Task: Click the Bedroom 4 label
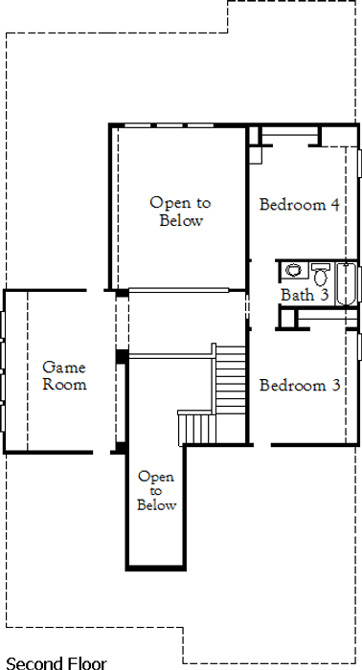point(299,205)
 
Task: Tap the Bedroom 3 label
point(300,386)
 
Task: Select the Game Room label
point(64,375)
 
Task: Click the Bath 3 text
point(305,295)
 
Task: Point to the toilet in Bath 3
point(321,275)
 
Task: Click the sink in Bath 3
point(294,270)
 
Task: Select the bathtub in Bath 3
point(346,283)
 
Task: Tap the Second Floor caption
point(57,663)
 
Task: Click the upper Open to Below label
point(180,212)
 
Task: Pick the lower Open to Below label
point(156,490)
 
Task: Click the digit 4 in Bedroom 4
point(334,205)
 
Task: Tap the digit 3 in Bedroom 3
point(335,386)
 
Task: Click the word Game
point(64,368)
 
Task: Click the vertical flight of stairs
point(231,379)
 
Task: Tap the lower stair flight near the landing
point(197,428)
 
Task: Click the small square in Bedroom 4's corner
point(256,155)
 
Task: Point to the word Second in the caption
point(33,663)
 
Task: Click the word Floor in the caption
point(85,663)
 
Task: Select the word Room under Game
point(64,384)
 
